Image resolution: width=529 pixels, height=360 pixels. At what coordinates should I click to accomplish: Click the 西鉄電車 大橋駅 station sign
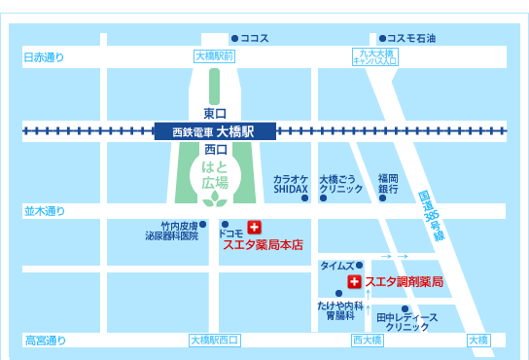[x=214, y=130]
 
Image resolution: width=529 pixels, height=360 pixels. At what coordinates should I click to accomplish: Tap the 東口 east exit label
[x=215, y=113]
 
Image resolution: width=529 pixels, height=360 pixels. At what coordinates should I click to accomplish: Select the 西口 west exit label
[x=215, y=149]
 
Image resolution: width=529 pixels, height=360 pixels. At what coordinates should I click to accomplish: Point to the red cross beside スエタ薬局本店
[x=254, y=227]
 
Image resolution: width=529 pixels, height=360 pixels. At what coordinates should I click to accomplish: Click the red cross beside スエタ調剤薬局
[x=354, y=281]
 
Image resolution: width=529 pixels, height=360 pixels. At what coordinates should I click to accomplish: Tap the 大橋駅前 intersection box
[x=214, y=57]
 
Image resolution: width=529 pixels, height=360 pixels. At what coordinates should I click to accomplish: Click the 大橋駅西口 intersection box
[x=214, y=340]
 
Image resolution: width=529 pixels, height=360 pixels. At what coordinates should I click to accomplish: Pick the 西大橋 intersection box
[x=368, y=340]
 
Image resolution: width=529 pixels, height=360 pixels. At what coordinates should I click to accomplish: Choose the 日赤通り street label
[x=44, y=58]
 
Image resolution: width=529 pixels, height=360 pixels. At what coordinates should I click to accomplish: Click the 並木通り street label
[x=44, y=210]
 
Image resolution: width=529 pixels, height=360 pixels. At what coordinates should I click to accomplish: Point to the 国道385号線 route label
[x=431, y=215]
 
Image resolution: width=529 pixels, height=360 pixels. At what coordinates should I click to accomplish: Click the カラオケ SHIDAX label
[x=290, y=184]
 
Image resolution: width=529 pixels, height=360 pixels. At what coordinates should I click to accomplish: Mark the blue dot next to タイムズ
[x=359, y=265]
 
